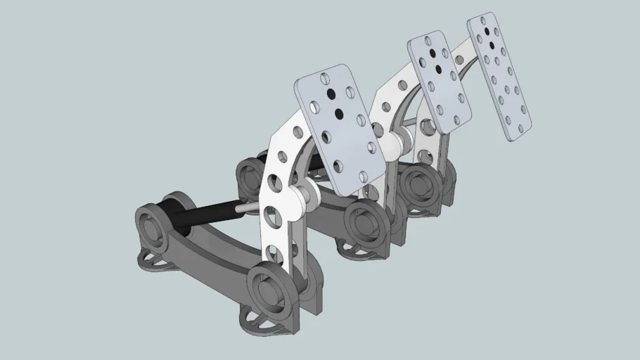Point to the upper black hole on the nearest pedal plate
tap(331, 94)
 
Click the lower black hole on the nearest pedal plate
tap(339, 113)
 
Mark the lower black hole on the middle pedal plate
tap(439, 69)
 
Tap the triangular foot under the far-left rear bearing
tap(156, 261)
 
